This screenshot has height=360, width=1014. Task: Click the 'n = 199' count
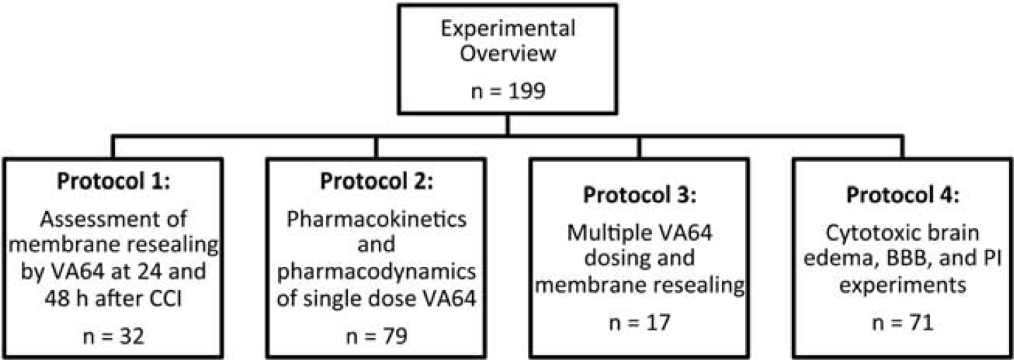508,91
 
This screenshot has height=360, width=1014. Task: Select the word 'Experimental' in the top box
508,29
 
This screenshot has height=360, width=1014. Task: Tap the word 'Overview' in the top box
508,53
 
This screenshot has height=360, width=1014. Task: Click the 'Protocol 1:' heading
113,181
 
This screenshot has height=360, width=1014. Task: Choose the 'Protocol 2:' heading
376,181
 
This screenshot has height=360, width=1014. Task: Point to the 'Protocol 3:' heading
639,195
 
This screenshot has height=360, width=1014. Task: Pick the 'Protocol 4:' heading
903,195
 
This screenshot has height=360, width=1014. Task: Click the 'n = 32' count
114,337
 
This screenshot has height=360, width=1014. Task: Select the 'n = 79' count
377,337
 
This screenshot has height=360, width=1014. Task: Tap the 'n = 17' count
639,323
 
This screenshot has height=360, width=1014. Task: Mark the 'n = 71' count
903,323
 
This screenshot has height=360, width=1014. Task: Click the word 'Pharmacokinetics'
377,220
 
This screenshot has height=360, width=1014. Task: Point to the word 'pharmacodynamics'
377,272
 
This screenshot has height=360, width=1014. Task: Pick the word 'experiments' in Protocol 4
903,286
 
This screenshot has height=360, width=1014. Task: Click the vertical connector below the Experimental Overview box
507,125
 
